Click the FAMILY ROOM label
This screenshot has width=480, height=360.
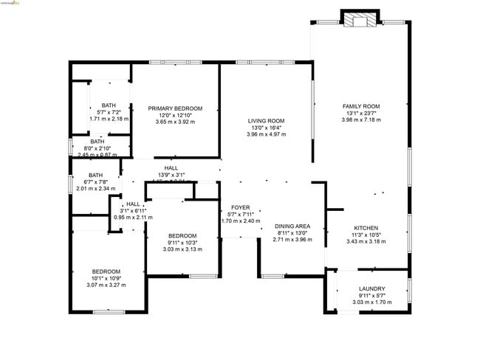pos(360,106)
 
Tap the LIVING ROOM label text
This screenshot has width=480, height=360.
pos(266,120)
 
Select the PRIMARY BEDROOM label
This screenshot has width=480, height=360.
pos(175,108)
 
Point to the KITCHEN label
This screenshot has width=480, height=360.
pos(366,228)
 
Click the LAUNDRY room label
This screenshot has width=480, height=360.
pos(371,288)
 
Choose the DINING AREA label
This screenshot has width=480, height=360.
pos(292,226)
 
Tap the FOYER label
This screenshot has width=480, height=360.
pos(241,207)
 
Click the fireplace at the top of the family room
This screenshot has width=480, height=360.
pos(360,20)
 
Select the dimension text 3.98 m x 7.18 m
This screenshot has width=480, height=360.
pos(360,120)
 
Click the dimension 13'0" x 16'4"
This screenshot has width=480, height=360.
pos(266,128)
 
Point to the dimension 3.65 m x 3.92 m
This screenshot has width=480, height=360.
pos(175,122)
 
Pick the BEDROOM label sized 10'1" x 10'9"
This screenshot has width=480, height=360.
pos(106,271)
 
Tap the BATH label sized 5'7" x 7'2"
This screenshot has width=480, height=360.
pos(109,105)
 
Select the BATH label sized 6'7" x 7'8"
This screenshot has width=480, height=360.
pos(96,175)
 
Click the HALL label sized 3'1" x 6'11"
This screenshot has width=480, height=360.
pos(133,204)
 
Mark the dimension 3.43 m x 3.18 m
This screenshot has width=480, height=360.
pos(366,241)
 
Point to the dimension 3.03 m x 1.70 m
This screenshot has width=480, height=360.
pos(371,302)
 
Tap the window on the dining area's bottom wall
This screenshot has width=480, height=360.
pos(274,276)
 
